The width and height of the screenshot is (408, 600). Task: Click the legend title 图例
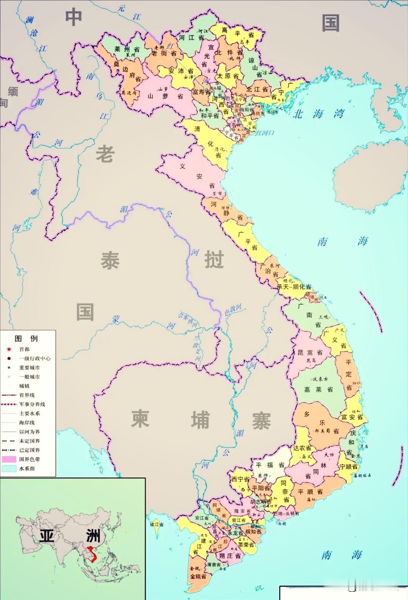[26, 338]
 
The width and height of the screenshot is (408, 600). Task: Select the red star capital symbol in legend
[9, 349]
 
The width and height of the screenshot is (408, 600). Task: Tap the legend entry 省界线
[26, 395]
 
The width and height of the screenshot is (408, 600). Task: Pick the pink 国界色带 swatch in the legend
[9, 459]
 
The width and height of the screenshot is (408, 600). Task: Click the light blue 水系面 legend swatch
[9, 468]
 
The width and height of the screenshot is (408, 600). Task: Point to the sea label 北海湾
[318, 114]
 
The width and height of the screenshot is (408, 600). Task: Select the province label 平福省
[270, 465]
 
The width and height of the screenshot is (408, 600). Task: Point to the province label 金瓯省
[198, 576]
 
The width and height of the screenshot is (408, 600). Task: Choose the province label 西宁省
[240, 479]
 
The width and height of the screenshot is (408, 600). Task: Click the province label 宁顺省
[348, 466]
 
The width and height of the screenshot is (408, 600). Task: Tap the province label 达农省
[302, 448]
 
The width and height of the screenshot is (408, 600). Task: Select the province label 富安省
[352, 417]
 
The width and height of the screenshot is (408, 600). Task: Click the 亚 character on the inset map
[46, 536]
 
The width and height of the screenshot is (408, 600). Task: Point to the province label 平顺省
[310, 492]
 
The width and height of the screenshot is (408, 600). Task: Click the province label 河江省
[191, 38]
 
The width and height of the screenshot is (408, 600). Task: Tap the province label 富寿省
[201, 92]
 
